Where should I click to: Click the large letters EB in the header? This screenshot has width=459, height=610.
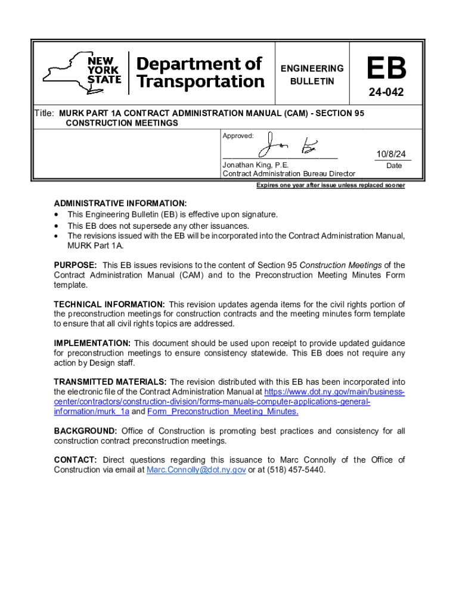pyautogui.click(x=386, y=70)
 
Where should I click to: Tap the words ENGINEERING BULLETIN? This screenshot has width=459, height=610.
pyautogui.click(x=312, y=74)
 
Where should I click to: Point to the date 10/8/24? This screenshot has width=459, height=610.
pyautogui.click(x=390, y=154)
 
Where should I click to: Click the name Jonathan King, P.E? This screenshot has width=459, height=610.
pyautogui.click(x=256, y=164)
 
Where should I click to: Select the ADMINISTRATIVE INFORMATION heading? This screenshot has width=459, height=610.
pyautogui.click(x=120, y=203)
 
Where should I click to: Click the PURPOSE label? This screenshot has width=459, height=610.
pyautogui.click(x=75, y=265)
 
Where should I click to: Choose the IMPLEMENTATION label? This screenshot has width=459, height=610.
pyautogui.click(x=92, y=343)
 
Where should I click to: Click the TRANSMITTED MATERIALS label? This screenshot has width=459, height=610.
pyautogui.click(x=110, y=382)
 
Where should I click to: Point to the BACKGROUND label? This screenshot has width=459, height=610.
pyautogui.click(x=85, y=431)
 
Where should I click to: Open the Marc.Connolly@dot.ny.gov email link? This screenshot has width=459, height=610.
pyautogui.click(x=196, y=470)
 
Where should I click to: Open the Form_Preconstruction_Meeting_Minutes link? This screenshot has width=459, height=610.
pyautogui.click(x=223, y=412)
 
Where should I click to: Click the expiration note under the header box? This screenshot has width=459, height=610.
pyautogui.click(x=330, y=185)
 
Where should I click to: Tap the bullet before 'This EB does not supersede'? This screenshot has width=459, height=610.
pyautogui.click(x=57, y=226)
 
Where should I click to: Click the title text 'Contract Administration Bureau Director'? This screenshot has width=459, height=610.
pyautogui.click(x=289, y=173)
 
